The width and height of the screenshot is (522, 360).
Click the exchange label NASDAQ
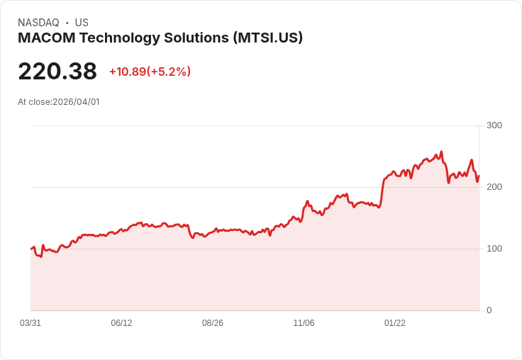[x=38, y=23]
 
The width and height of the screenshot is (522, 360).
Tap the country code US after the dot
[x=82, y=23]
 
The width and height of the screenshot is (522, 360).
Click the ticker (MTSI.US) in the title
[x=267, y=38]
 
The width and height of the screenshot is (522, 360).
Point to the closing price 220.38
[x=57, y=72]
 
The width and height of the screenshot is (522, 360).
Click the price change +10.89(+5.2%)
[x=150, y=72]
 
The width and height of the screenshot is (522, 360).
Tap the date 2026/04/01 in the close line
[x=76, y=102]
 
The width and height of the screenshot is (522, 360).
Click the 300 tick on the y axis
[x=494, y=125]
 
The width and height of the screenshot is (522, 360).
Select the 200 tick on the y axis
[x=494, y=187]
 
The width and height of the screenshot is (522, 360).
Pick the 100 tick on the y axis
[x=494, y=249]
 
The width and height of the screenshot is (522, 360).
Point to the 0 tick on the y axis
[x=489, y=310]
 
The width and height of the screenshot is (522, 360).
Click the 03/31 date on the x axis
[x=30, y=323]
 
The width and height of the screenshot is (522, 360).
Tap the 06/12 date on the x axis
[x=121, y=323]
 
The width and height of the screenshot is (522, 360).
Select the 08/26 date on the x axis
[x=213, y=323]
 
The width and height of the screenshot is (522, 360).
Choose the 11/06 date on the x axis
[x=304, y=323]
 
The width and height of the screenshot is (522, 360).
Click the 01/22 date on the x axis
[x=395, y=323]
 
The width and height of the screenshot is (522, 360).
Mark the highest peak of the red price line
[x=441, y=152]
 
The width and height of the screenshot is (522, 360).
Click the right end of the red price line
[x=479, y=176]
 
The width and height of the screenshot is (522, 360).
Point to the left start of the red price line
[x=31, y=249]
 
